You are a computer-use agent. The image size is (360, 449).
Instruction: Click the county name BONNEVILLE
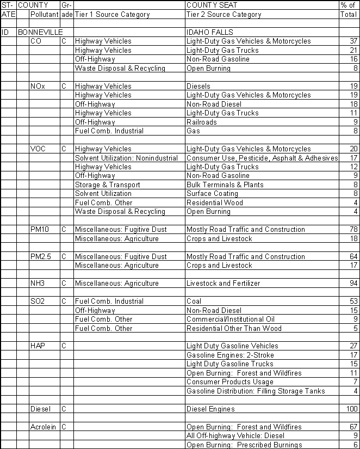41,33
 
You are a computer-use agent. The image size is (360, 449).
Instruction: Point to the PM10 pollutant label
40,229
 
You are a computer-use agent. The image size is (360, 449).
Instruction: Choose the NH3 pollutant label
38,283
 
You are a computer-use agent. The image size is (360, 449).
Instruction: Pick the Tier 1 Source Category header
112,15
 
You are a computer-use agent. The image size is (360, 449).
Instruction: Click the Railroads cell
201,122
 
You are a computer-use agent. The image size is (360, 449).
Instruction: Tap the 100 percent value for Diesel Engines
352,409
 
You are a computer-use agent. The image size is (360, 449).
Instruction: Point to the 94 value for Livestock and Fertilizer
353,283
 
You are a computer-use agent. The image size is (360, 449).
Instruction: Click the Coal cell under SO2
194,301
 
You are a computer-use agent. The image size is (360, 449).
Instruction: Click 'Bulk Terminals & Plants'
225,184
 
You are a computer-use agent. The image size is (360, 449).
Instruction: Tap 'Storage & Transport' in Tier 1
107,184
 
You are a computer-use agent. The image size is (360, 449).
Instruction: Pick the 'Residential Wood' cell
215,202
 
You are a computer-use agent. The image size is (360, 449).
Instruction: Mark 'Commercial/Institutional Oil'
231,319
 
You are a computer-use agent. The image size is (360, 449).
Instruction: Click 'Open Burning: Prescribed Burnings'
243,445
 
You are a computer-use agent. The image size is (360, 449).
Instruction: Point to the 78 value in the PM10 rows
353,229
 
